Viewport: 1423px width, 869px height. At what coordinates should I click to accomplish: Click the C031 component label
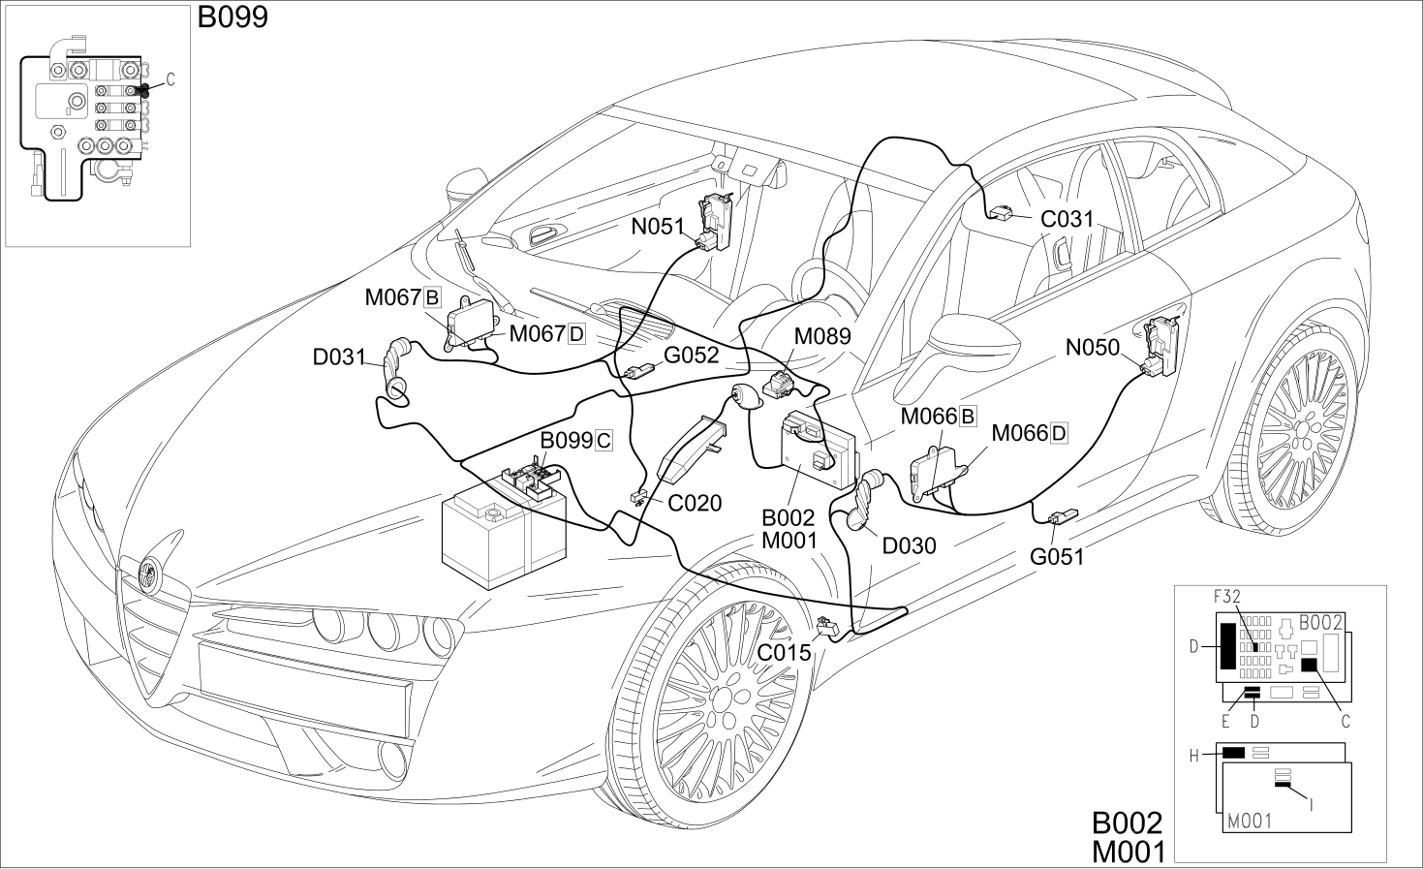coord(1067,219)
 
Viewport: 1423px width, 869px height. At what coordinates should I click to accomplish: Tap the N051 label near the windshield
coord(658,227)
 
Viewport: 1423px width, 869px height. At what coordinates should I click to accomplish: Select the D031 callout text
coord(339,357)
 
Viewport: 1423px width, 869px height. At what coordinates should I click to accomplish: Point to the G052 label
coord(692,356)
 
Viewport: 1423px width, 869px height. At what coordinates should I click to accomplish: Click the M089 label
coord(822,336)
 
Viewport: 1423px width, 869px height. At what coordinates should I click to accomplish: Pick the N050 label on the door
coord(1093,348)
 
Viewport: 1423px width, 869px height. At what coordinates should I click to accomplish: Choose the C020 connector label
coord(695,503)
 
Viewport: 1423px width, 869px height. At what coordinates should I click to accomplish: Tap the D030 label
coord(909,545)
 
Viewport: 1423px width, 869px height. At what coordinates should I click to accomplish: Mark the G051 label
coord(1057,557)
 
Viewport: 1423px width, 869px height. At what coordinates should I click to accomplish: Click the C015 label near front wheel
coord(785,652)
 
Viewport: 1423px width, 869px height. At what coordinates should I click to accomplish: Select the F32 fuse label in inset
coord(1227,597)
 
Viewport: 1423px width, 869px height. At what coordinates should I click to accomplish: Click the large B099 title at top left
coord(232,17)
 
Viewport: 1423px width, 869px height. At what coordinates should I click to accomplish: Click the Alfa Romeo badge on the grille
coord(151,575)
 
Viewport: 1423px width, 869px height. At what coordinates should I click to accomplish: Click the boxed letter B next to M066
coord(968,417)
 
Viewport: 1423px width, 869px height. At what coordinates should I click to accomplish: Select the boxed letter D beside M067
coord(576,334)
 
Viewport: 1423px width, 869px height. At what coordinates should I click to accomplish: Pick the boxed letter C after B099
coord(603,441)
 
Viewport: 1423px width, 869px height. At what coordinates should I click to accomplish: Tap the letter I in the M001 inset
coord(1312,805)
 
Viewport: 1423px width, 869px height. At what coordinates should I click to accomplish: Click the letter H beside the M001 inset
coord(1193,756)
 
